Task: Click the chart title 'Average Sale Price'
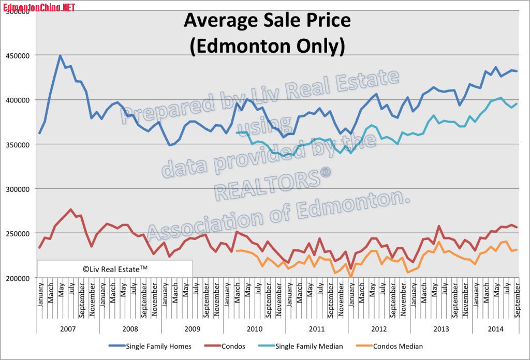267,21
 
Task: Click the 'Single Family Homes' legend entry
158,346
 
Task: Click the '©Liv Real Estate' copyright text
115,268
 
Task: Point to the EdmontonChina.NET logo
39,7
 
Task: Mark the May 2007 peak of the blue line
60,56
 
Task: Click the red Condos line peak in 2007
70,209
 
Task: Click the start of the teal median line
237,133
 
